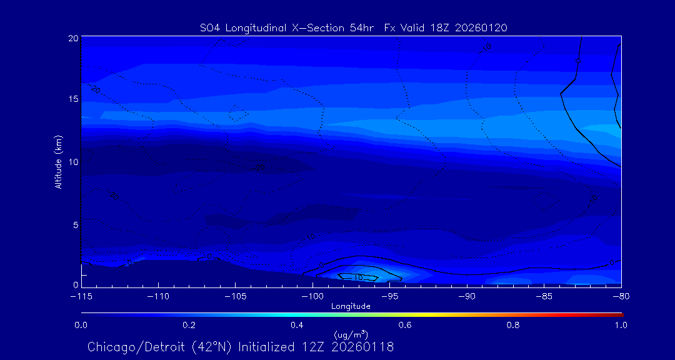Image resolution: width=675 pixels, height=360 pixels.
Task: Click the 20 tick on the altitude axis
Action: [x=72, y=38]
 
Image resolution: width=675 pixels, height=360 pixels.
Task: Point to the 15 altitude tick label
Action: [x=72, y=99]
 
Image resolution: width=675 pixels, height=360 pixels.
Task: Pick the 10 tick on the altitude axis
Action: [x=72, y=161]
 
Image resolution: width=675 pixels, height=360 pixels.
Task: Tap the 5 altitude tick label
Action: [x=75, y=224]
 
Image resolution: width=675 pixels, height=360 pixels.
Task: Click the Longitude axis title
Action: [x=351, y=306]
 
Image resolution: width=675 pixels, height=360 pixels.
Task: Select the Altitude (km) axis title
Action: [x=58, y=162]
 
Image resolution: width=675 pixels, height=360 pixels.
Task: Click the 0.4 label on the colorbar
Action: [x=297, y=325]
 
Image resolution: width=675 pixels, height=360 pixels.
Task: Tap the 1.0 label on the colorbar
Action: [x=621, y=325]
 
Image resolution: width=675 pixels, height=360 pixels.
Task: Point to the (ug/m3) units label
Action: [x=351, y=335]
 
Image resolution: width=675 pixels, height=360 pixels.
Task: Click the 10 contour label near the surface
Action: [x=357, y=277]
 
